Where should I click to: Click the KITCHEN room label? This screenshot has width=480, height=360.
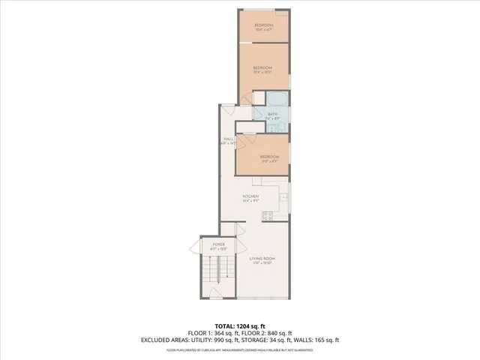click(x=250, y=197)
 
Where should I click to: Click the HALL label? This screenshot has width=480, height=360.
click(x=228, y=139)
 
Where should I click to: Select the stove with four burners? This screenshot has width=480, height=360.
click(x=268, y=216)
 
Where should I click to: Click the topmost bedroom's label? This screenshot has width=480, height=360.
click(x=262, y=25)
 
